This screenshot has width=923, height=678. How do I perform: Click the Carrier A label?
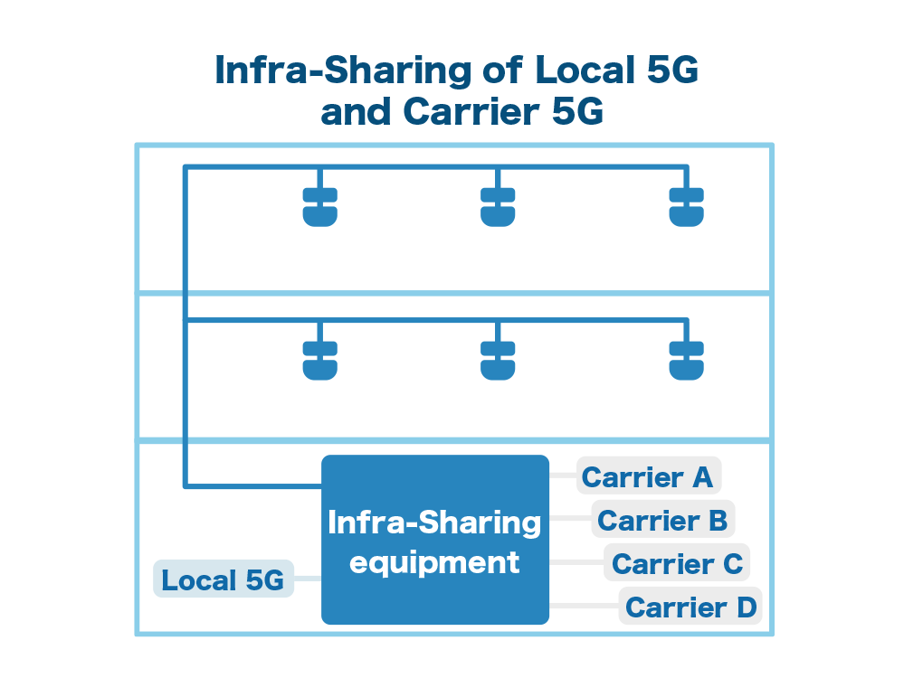coord(649,476)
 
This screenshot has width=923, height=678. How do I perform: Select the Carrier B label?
coord(663,519)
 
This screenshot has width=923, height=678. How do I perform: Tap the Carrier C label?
coord(677,563)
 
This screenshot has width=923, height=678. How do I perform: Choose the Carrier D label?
coord(690,607)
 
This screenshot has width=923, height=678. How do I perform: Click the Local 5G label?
coord(224,579)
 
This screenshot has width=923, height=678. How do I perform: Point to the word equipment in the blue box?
coord(434,563)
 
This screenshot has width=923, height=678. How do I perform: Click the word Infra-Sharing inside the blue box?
coord(434,523)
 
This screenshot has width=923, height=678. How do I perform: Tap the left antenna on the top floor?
coord(319,207)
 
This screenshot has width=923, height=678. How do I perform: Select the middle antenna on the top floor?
coord(498,207)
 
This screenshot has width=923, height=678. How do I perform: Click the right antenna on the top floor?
coord(686,207)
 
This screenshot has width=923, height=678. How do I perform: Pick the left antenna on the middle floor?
coord(319,361)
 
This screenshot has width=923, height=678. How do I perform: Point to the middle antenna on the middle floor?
coord(498,361)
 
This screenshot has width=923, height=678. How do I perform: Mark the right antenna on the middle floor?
coord(686,361)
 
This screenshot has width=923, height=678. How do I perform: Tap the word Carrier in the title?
coord(471,111)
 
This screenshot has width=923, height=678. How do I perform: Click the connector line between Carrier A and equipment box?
coord(563,476)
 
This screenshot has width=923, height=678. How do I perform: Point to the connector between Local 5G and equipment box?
coord(308,579)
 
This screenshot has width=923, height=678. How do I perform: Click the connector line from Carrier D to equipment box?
coord(584,606)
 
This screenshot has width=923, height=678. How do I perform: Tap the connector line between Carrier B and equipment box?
coord(570,519)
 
